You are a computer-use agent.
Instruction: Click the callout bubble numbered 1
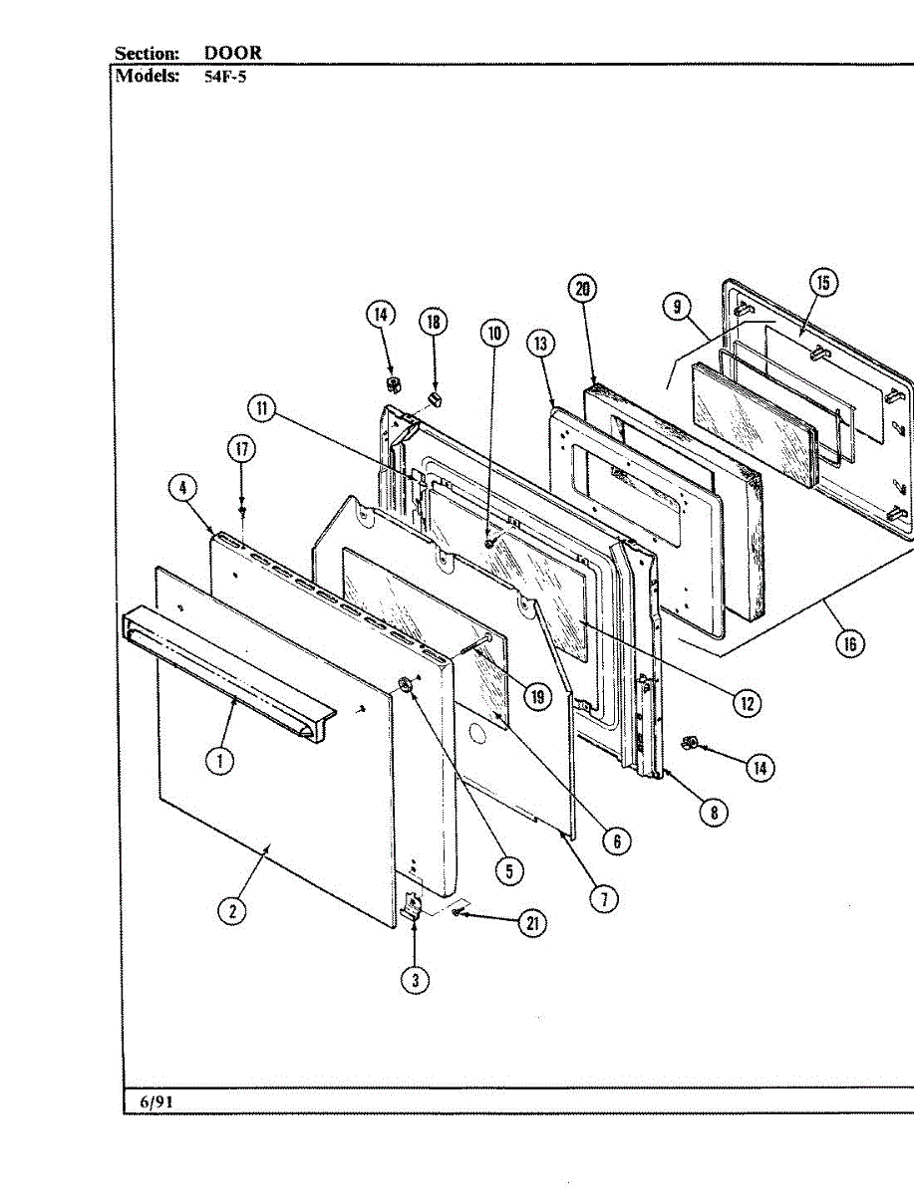(220, 762)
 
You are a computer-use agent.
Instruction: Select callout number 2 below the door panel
(232, 910)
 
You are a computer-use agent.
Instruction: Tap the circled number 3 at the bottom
(415, 980)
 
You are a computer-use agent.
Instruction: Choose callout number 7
(603, 898)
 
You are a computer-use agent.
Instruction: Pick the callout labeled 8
(713, 812)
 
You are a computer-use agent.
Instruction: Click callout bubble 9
(677, 307)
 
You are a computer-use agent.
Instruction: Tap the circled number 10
(495, 333)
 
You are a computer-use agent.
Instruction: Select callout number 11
(261, 408)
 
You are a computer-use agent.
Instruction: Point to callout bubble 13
(541, 346)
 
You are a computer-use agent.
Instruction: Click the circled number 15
(823, 283)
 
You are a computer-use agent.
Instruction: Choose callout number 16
(850, 643)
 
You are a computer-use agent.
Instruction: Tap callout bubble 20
(583, 289)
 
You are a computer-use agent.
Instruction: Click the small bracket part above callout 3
(412, 907)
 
